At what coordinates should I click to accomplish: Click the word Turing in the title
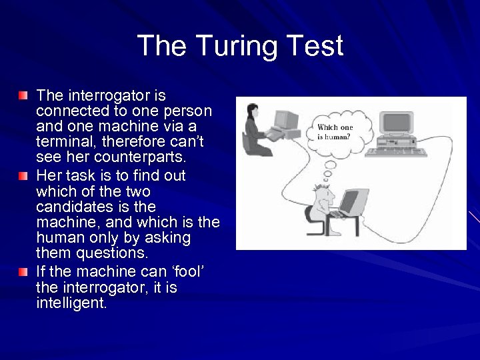tap(239, 46)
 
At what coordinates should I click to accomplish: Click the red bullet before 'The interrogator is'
tap(24, 97)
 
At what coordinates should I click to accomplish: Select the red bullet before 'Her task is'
tap(24, 177)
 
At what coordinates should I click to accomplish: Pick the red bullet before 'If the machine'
tap(24, 273)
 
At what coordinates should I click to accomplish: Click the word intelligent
tap(71, 303)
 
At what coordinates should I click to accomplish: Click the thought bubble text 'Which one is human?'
tap(335, 131)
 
